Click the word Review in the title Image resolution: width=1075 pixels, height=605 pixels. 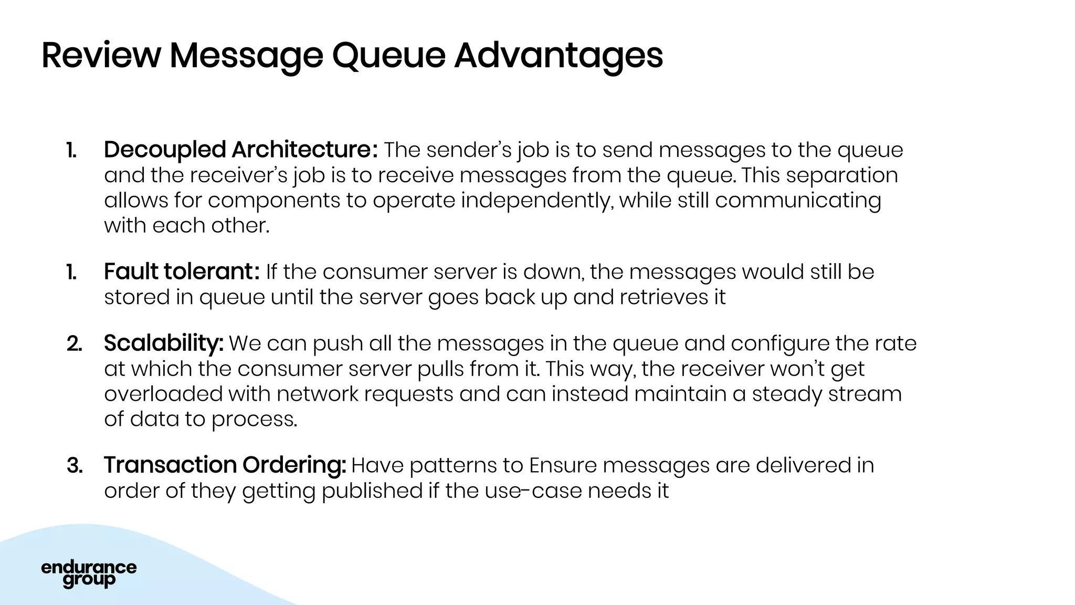point(101,56)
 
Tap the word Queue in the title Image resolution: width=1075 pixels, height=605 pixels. point(388,56)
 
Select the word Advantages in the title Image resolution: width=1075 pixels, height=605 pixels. point(558,56)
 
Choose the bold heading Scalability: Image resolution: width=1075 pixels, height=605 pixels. point(163,343)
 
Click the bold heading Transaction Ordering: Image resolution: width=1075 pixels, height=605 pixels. point(225,465)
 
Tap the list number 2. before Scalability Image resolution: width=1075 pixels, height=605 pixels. point(75,343)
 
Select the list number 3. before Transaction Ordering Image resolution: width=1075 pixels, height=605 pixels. point(75,465)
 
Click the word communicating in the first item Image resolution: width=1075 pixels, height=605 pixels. point(798,201)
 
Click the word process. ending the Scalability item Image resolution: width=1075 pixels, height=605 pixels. point(254,420)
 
